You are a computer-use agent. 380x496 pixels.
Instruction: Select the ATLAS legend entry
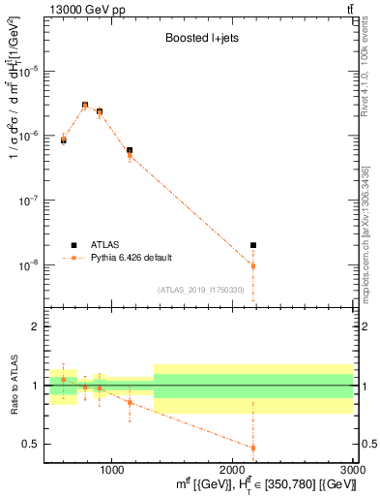pyautogui.click(x=107, y=244)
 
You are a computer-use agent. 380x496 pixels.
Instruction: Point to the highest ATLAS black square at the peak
pyautogui.click(x=85, y=105)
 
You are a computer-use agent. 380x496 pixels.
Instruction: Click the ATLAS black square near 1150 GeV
pyautogui.click(x=130, y=150)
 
